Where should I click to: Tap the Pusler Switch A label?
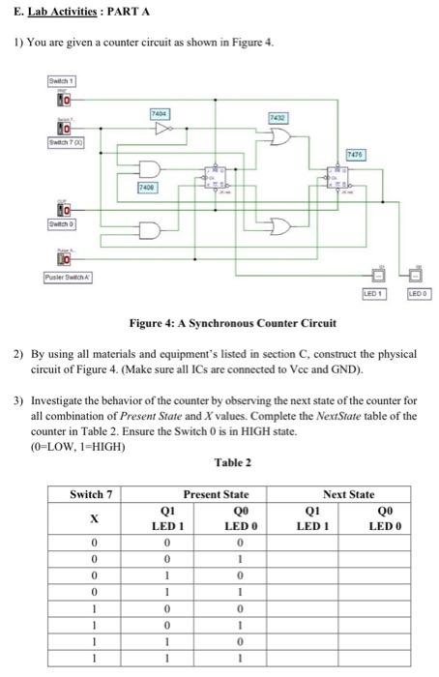(x=69, y=278)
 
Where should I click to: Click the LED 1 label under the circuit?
(x=374, y=291)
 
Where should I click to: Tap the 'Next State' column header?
(x=348, y=494)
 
